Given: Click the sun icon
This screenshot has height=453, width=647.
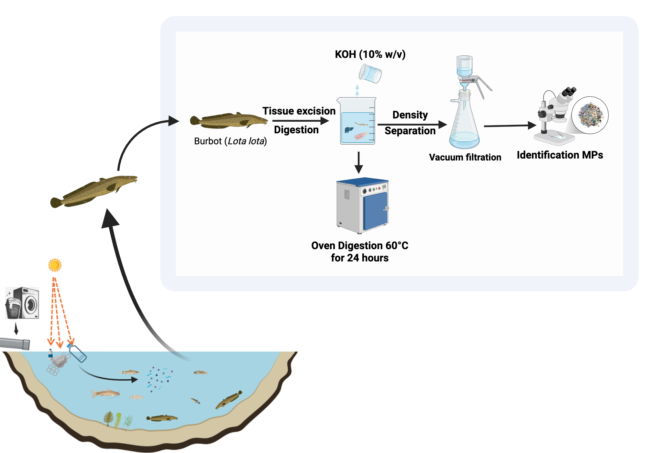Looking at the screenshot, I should tap(55, 265).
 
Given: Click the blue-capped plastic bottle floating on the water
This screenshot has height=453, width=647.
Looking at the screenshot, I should tap(77, 353).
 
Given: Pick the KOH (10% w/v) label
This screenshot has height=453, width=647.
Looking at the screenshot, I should tap(370, 54).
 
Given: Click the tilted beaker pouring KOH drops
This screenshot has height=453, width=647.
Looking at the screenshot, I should tap(370, 73).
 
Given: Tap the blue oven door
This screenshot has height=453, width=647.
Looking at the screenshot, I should tap(375, 210).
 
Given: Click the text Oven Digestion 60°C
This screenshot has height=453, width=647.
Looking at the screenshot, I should tap(359, 246).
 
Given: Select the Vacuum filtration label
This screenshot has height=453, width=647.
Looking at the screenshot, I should tap(465, 157).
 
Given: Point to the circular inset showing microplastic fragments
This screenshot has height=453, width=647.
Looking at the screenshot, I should tap(590, 115).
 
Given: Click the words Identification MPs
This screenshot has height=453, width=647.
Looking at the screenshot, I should tap(560, 155).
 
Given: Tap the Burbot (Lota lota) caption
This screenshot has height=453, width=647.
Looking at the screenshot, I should tap(230, 141).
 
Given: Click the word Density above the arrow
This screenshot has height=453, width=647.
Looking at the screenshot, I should tap(410, 115).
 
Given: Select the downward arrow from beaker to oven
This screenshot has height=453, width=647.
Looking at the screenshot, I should tap(358, 163).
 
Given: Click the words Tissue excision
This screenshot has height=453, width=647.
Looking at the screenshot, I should tap(299, 111).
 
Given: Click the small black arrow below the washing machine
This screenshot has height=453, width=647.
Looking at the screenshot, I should tap(16, 329).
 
